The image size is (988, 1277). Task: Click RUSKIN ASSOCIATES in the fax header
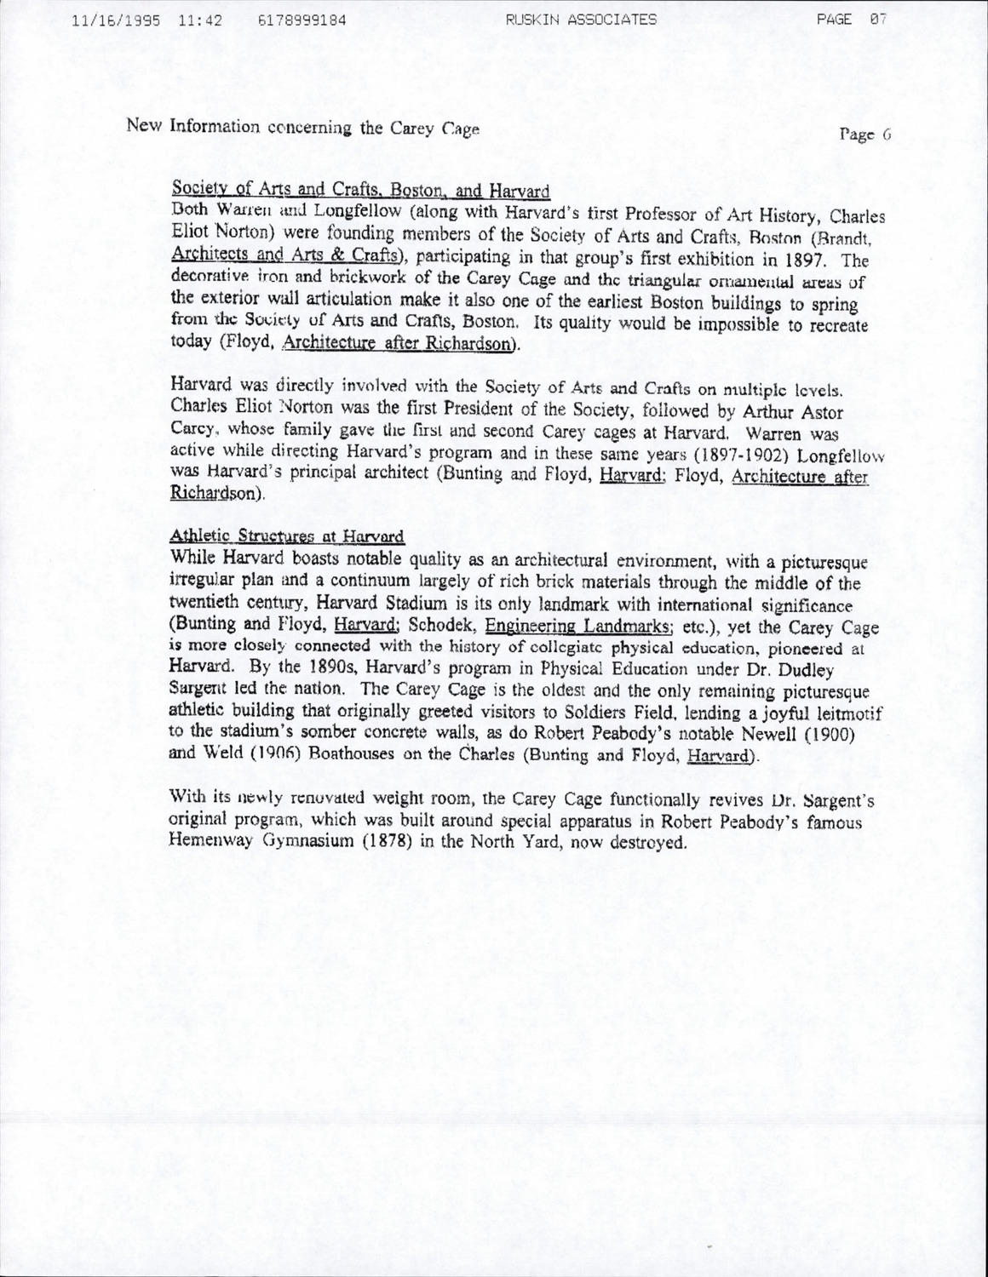[581, 20]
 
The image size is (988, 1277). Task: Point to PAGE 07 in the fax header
[852, 19]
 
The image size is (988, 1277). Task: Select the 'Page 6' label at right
[864, 134]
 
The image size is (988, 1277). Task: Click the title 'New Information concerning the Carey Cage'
[303, 128]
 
